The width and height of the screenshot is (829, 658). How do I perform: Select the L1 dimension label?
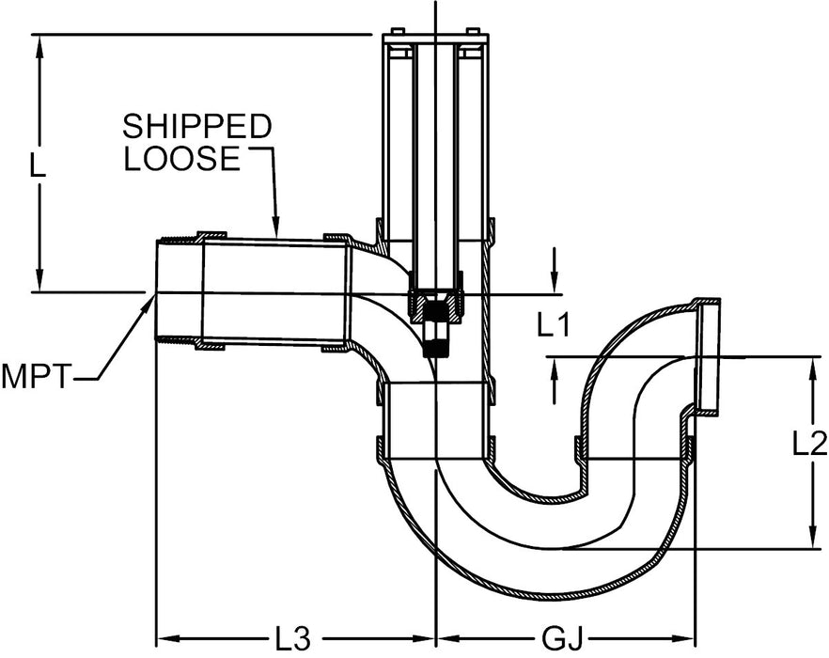555,325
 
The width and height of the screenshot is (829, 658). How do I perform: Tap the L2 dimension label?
809,442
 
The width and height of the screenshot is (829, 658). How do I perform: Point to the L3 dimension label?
292,638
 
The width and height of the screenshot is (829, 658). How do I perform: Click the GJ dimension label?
563,638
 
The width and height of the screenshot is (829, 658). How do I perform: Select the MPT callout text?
36,377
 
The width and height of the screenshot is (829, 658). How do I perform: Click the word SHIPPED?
197,126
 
